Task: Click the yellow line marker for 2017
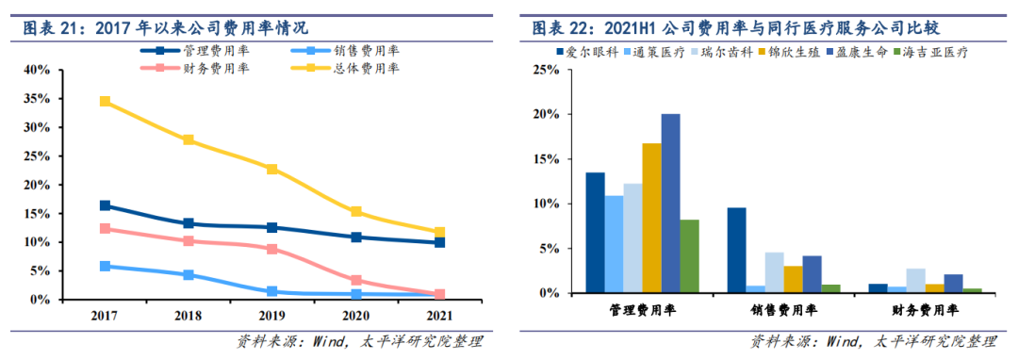click(105, 101)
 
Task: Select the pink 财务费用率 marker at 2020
click(355, 280)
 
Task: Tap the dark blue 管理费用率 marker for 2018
click(189, 223)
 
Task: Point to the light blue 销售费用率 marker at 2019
click(272, 291)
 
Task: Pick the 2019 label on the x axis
click(272, 316)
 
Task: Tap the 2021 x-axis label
click(439, 316)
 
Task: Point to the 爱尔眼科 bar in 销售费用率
click(736, 251)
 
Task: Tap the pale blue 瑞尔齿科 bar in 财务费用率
click(916, 281)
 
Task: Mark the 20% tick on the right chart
click(546, 114)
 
